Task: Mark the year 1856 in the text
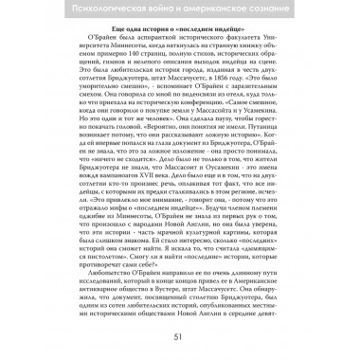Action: coord(239,94)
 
